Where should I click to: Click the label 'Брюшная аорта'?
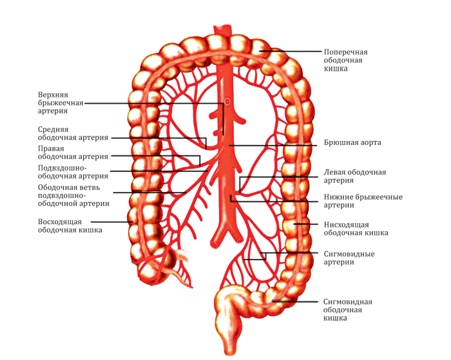(352, 142)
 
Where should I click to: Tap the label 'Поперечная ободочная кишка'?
(345, 60)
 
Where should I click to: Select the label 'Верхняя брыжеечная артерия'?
(61, 102)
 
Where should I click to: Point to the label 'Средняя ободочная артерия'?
(73, 133)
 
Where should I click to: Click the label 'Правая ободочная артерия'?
(73, 153)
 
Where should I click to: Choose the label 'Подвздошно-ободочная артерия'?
(73, 172)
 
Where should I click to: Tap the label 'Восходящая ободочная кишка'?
(70, 225)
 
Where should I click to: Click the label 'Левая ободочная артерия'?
(354, 176)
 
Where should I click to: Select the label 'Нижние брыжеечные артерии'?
(363, 201)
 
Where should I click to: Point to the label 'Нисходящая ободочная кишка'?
(356, 229)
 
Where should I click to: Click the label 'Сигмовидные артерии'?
(349, 258)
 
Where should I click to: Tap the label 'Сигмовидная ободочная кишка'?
(347, 310)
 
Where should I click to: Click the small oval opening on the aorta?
(227, 102)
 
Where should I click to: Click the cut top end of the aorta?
(223, 28)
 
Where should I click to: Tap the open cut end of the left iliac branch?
(215, 245)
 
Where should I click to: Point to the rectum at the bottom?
(229, 330)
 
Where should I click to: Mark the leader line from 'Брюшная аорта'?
(273, 146)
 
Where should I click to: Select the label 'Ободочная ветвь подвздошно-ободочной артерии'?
(73, 195)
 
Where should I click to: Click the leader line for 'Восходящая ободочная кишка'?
(111, 222)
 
